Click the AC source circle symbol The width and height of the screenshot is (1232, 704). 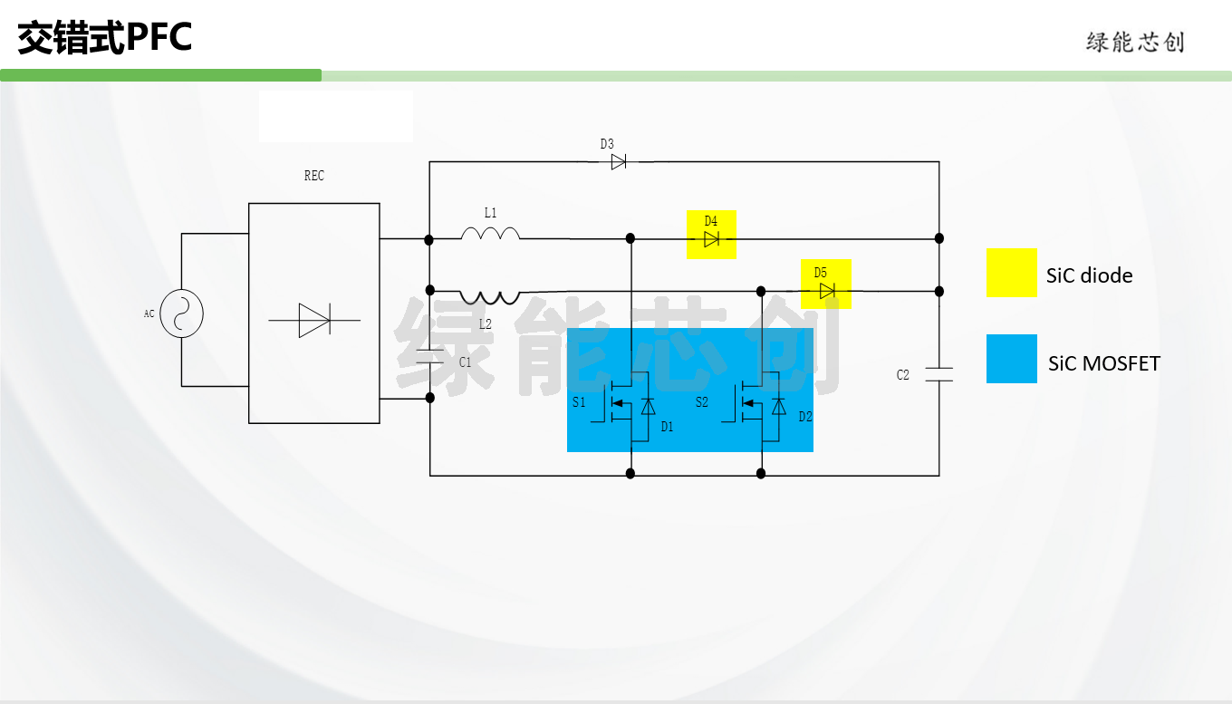click(x=181, y=313)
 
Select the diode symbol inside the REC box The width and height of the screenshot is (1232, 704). click(x=314, y=320)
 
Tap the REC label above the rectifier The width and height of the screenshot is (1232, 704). click(x=314, y=176)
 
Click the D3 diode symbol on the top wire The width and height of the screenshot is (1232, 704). click(x=618, y=161)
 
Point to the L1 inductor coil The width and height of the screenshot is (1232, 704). click(x=490, y=233)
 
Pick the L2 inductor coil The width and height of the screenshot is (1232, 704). click(x=489, y=297)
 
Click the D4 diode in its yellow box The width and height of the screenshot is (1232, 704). click(x=711, y=239)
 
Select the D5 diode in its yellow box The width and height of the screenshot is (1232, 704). click(x=827, y=291)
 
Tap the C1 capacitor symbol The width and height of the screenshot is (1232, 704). click(x=430, y=356)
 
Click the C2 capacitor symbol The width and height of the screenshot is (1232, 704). click(x=938, y=374)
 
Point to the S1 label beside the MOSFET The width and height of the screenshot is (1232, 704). click(x=579, y=402)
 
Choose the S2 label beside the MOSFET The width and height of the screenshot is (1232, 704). click(x=701, y=402)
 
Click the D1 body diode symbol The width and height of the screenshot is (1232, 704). click(x=649, y=407)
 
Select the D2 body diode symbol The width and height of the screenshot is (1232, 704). click(x=779, y=407)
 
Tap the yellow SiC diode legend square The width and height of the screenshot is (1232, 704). click(x=1012, y=273)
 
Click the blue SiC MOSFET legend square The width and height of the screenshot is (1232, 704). click(x=1012, y=359)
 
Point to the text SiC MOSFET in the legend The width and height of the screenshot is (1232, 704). click(x=1104, y=363)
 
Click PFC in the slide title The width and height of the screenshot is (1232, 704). click(x=159, y=37)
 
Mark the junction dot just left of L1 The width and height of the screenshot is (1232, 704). click(x=429, y=240)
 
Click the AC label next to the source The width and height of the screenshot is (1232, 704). click(x=149, y=313)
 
